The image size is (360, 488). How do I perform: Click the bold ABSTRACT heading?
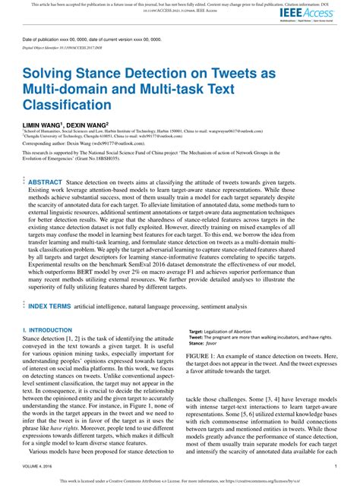click(x=45, y=183)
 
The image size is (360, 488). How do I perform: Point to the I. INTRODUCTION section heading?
click(x=47, y=351)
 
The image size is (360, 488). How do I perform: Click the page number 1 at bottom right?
click(x=335, y=467)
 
